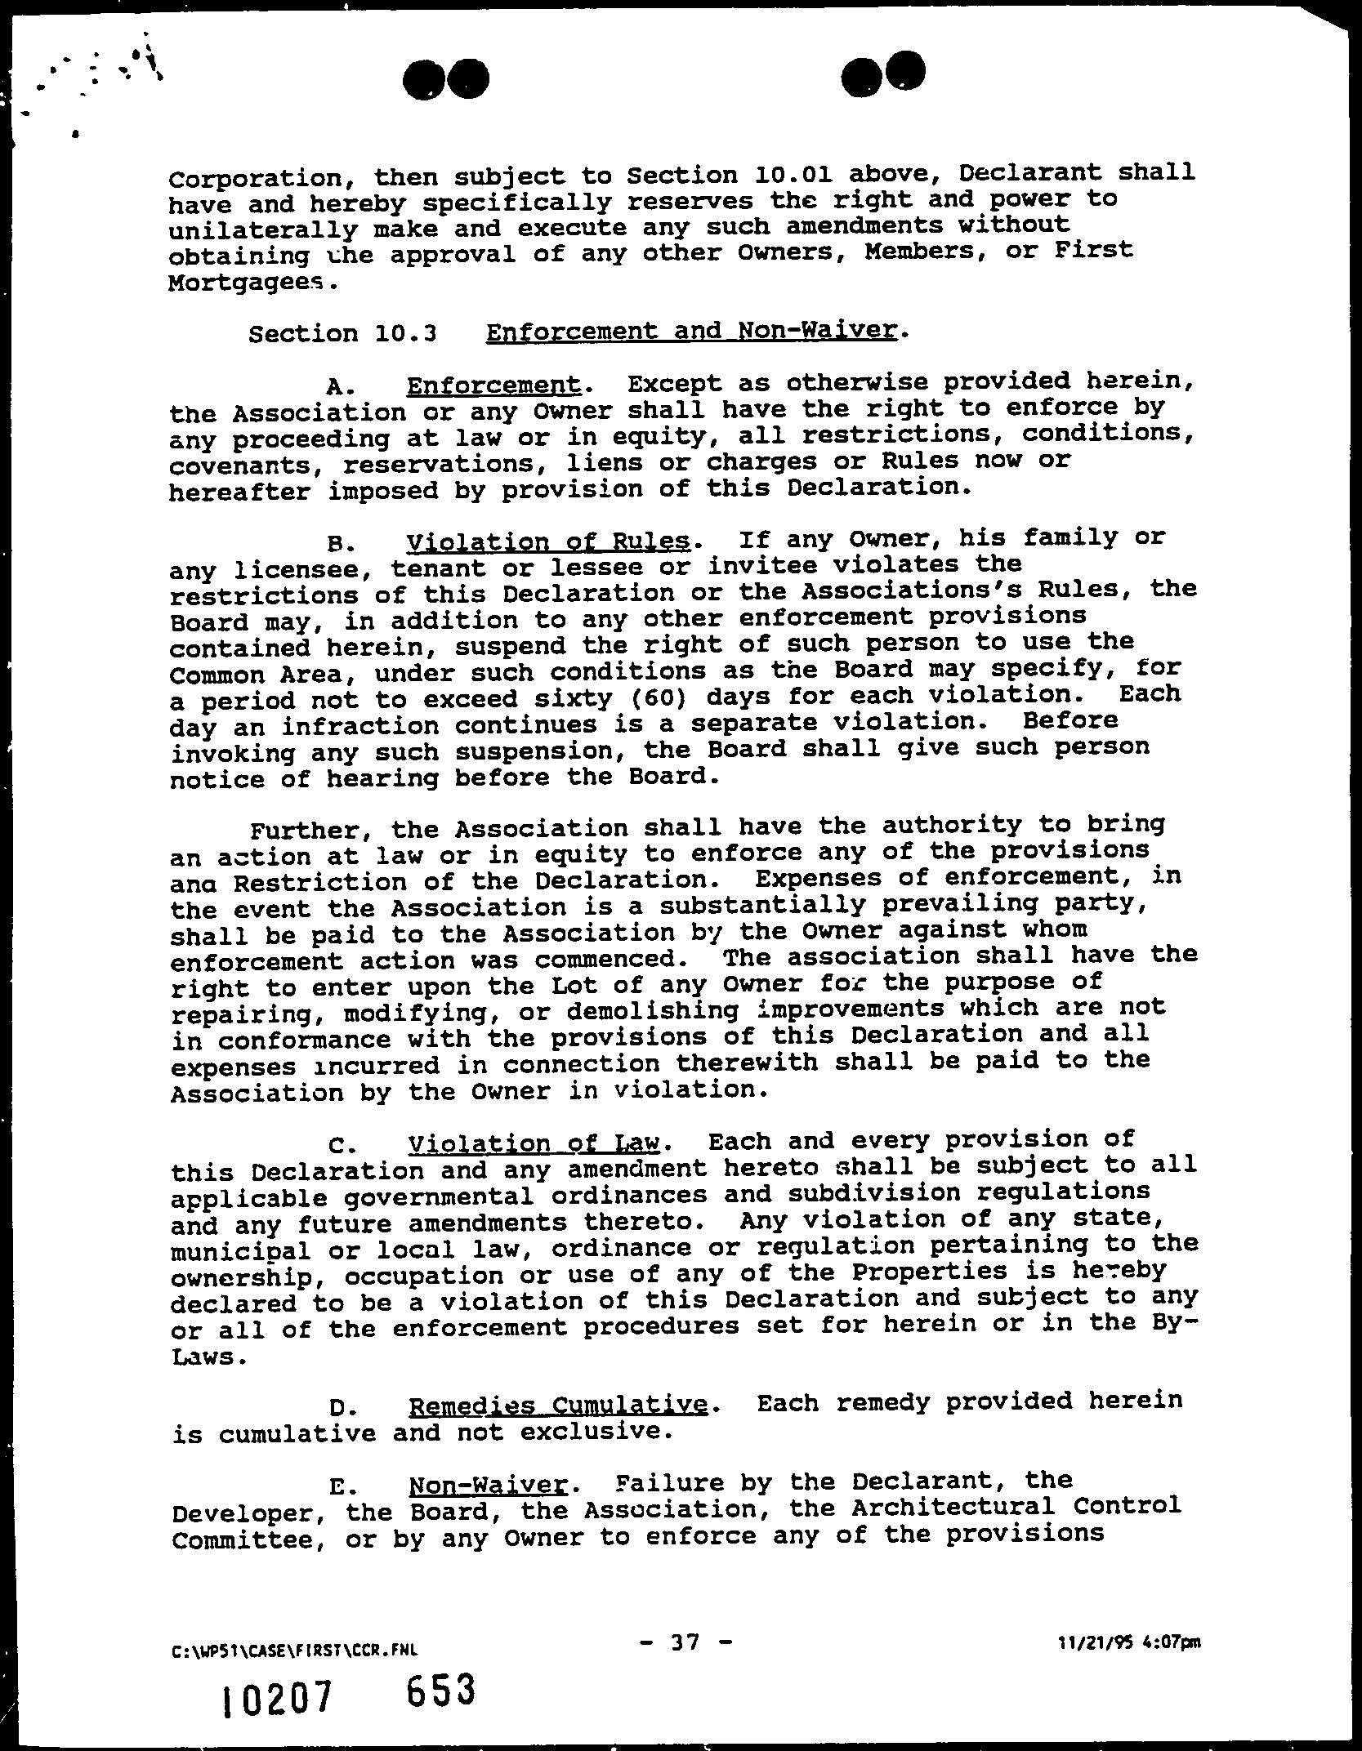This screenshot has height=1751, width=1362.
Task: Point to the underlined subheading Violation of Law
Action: [x=538, y=1142]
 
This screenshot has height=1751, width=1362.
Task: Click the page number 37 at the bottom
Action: [x=681, y=1642]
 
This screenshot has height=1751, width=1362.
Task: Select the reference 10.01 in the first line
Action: [x=793, y=175]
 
